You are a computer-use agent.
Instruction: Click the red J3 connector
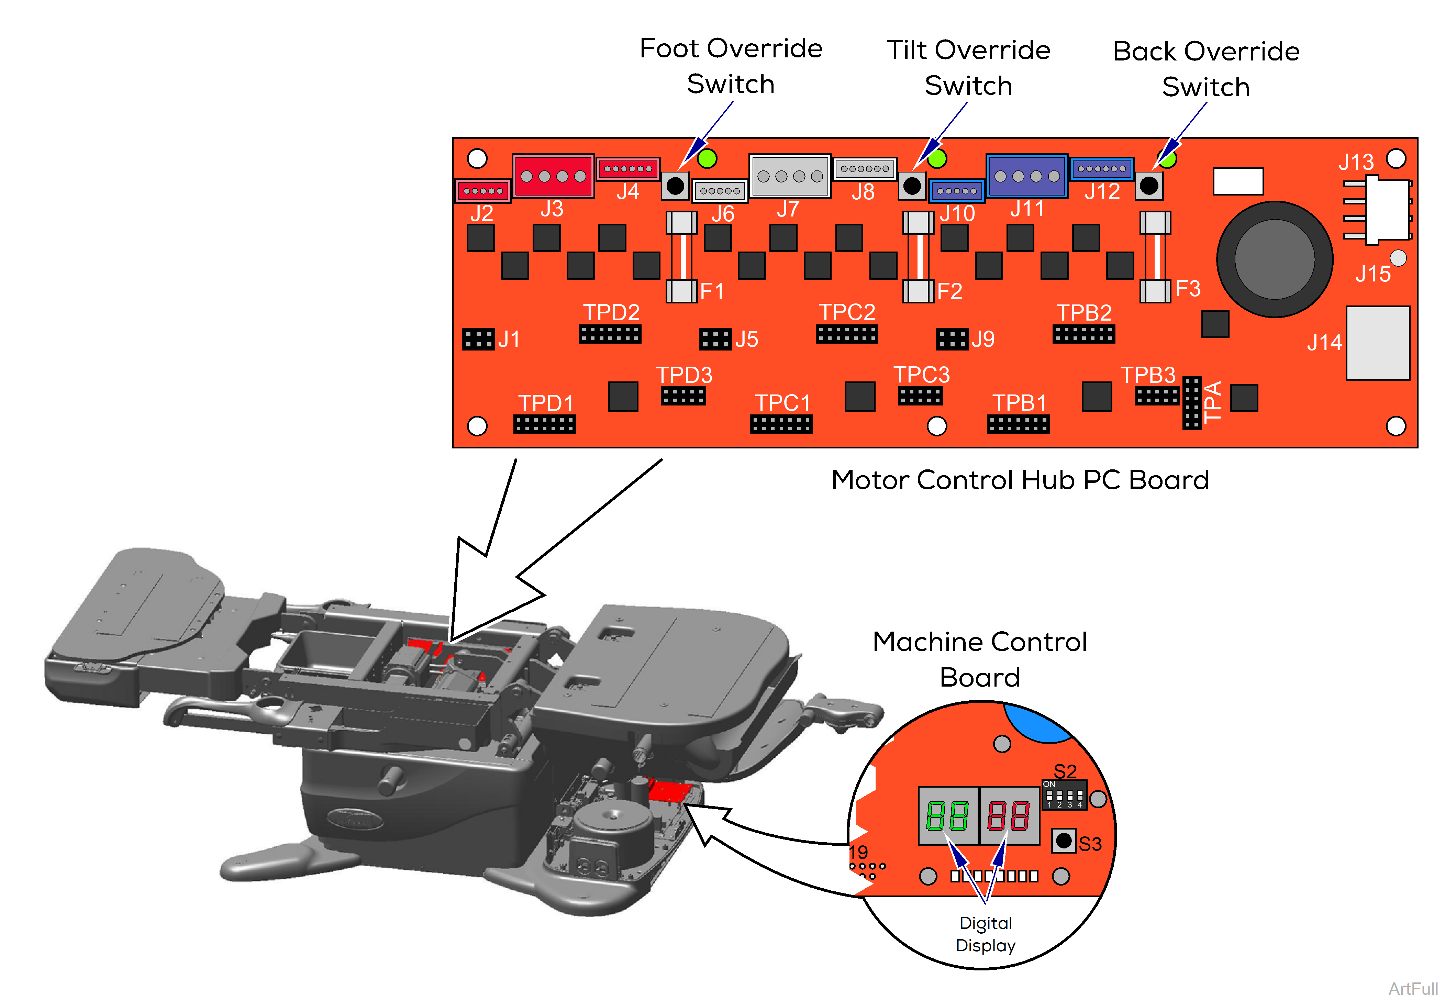click(553, 176)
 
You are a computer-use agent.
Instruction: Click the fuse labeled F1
click(681, 257)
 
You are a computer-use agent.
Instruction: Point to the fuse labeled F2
click(918, 257)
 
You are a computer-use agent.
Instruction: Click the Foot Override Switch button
click(676, 186)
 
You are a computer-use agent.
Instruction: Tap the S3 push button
click(1063, 841)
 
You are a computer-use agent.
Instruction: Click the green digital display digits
click(947, 816)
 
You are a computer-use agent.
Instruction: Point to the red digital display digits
click(1009, 816)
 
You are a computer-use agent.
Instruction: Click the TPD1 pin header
click(544, 425)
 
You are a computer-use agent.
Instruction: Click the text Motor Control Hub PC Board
click(1020, 480)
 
